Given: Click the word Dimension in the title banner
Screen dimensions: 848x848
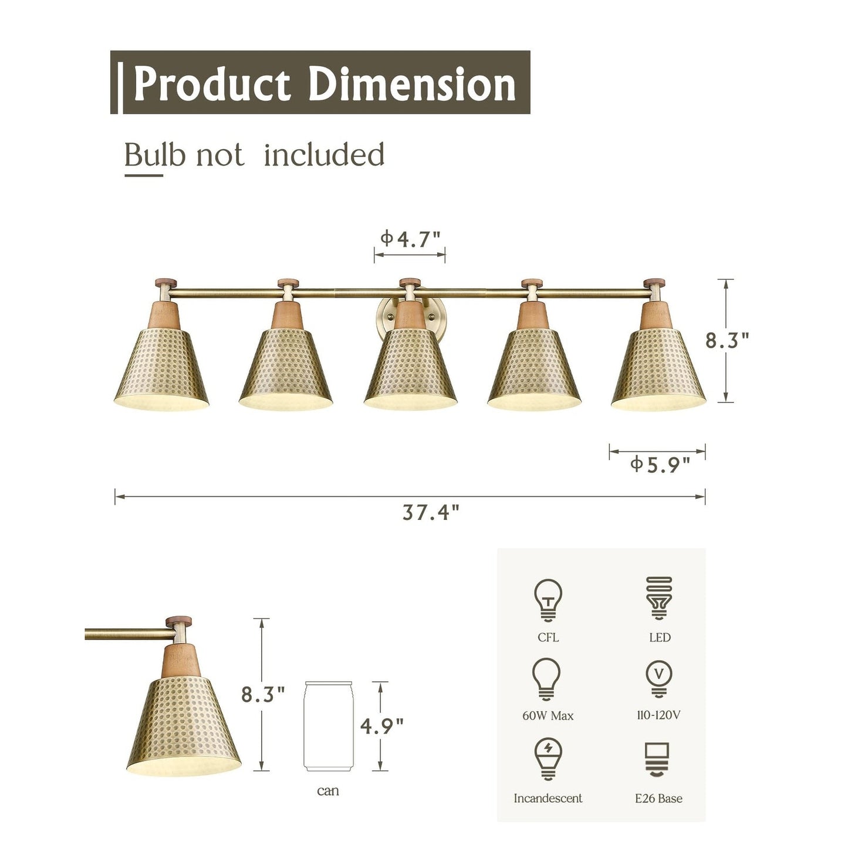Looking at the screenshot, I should pos(411,85).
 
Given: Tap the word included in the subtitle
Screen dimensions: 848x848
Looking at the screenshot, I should pos(324,155).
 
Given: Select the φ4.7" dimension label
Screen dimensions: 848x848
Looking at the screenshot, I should pos(410,239).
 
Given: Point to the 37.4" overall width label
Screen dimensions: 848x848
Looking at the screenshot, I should pos(431,512).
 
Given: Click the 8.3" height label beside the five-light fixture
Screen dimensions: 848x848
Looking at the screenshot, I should pos(727,340).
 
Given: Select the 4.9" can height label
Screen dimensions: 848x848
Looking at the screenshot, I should pos(382,726).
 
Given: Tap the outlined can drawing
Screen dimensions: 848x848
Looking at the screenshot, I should pos(327,726).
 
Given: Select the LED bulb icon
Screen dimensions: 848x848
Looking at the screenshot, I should pos(659,598).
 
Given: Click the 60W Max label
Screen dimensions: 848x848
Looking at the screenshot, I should pos(548,715).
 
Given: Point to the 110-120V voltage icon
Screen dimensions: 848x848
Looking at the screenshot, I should pos(659,678).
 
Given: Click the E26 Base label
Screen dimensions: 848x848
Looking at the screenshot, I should pos(658,798).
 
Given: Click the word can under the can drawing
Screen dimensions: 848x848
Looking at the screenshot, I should pos(328,790).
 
